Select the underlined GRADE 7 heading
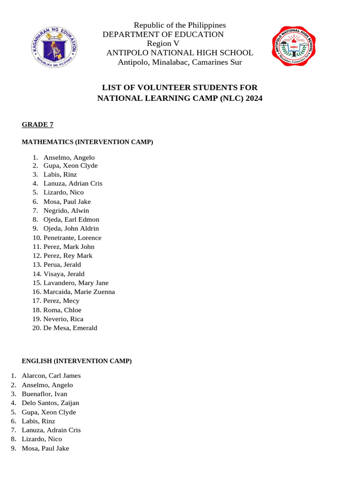click(x=38, y=124)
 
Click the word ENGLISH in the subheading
click(x=37, y=361)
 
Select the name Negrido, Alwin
click(x=66, y=210)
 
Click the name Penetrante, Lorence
click(x=72, y=238)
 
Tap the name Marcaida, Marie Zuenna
click(x=79, y=292)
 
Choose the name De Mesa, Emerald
click(x=70, y=328)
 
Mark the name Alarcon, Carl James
click(x=51, y=375)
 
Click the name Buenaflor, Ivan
click(x=45, y=394)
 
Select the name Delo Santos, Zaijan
click(x=50, y=403)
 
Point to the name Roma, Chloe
click(x=62, y=310)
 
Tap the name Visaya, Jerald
click(x=64, y=274)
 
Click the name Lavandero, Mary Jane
click(x=75, y=283)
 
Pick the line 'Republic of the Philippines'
click(x=180, y=25)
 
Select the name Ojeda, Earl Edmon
click(x=71, y=219)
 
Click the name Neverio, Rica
click(x=63, y=319)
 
